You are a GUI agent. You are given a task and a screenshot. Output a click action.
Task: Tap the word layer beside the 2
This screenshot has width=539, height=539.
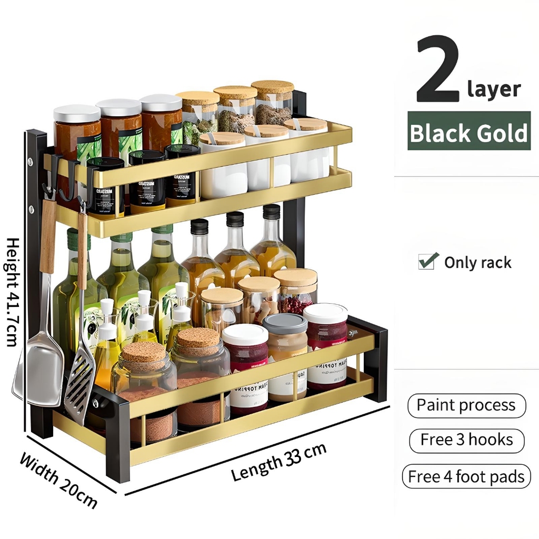[x=494, y=89]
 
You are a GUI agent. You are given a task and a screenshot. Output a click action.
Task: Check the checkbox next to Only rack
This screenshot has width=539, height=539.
[x=428, y=261]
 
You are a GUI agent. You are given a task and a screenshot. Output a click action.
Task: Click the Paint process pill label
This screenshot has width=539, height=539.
[x=466, y=405]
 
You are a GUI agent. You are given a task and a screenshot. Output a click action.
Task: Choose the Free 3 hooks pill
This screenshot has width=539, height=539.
[x=466, y=440]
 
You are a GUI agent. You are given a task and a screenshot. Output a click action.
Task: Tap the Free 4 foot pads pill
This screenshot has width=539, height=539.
[x=466, y=477]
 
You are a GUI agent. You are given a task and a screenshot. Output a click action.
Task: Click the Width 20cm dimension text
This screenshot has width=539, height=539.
[x=58, y=480]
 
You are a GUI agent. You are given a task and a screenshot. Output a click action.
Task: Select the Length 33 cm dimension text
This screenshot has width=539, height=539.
[x=279, y=462]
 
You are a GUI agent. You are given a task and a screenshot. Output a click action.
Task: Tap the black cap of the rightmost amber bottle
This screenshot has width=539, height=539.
[x=272, y=212]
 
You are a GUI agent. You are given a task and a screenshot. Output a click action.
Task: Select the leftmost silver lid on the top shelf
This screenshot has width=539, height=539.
[x=77, y=113]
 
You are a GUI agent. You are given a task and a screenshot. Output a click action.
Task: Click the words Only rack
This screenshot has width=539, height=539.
[x=477, y=262]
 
